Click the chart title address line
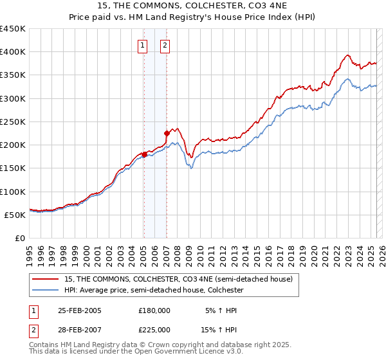click(x=193, y=6)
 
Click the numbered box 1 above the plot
click(x=142, y=45)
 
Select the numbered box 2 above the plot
click(x=165, y=45)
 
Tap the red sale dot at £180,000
click(x=144, y=154)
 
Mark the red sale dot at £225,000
click(x=167, y=134)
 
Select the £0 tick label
click(x=19, y=238)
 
